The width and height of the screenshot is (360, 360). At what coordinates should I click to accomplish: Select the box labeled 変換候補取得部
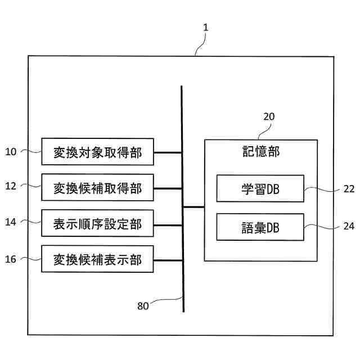97,188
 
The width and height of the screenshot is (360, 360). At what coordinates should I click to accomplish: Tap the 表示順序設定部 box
97,224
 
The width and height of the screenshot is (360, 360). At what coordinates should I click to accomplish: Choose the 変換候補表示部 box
97,260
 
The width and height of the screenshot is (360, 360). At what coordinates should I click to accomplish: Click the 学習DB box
260,188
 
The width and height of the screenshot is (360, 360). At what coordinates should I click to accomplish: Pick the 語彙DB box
260,227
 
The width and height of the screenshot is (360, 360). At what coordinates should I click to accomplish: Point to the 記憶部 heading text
260,152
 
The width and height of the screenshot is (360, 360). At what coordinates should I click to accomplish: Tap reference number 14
12,222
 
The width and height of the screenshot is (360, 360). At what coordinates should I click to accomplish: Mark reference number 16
12,259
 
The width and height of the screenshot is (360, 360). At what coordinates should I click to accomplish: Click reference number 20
269,117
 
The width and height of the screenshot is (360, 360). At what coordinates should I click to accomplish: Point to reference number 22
348,189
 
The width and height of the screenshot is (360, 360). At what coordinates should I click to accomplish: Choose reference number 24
348,227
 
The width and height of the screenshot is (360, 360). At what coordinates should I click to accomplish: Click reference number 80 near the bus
143,306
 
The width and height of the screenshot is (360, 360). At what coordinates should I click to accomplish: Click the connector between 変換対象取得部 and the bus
168,152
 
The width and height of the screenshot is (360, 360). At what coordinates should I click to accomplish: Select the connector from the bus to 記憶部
193,207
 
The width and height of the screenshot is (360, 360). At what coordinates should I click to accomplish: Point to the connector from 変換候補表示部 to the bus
168,260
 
